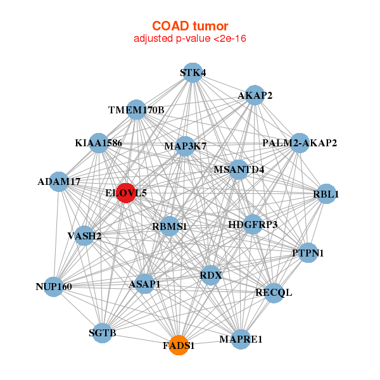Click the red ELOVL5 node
(x=126, y=193)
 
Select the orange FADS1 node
(x=179, y=345)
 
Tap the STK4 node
(x=193, y=73)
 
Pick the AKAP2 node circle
(x=255, y=95)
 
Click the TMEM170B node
(x=136, y=110)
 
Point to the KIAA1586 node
(x=99, y=143)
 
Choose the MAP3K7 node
(x=185, y=146)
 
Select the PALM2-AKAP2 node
(x=300, y=143)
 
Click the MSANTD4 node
(x=239, y=170)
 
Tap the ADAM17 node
(x=59, y=182)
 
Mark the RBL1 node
(x=326, y=194)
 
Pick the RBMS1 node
(x=169, y=226)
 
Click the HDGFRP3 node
(x=253, y=224)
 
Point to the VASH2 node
(x=84, y=236)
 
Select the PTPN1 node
(x=308, y=253)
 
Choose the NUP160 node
(x=54, y=287)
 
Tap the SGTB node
(x=102, y=333)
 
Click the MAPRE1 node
(x=241, y=339)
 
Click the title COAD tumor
(x=190, y=26)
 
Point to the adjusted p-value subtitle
(x=190, y=39)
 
